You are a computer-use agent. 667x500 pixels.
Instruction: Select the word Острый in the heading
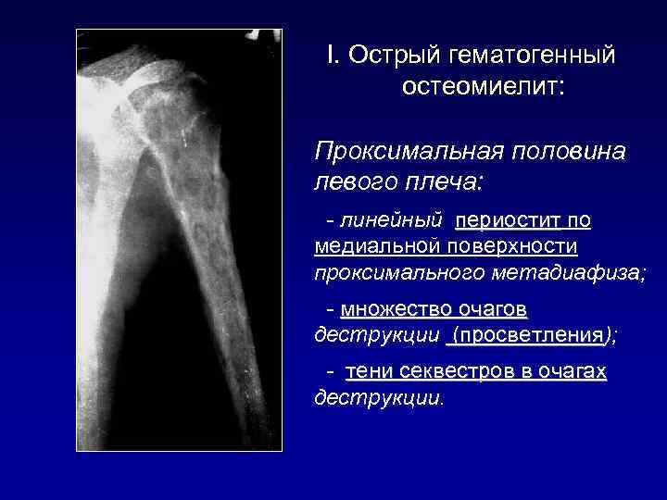tap(391, 56)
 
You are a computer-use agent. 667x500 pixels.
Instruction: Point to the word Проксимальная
tap(402, 150)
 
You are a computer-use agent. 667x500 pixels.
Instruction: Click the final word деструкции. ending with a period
tap(380, 398)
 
